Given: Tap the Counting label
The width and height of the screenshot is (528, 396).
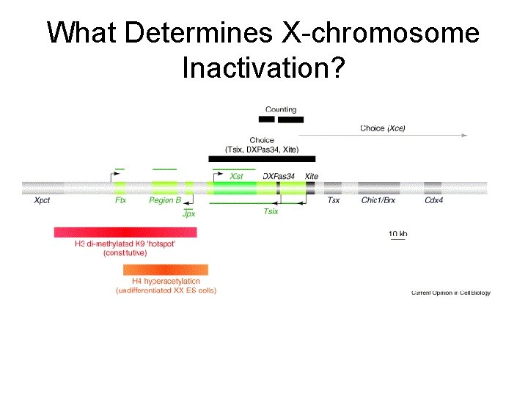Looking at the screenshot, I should (280, 109).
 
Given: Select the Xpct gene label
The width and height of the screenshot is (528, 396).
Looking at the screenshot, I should (42, 200).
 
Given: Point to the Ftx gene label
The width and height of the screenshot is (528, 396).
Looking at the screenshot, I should (120, 200).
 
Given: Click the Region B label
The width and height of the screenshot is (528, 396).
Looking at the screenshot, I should (165, 200).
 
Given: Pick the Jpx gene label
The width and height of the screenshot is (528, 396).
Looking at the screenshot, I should (188, 213).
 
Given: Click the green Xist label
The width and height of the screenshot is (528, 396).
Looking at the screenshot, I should (236, 176).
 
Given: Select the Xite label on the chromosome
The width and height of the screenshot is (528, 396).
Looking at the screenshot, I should (312, 176).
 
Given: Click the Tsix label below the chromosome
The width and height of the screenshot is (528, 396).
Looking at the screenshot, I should (271, 211).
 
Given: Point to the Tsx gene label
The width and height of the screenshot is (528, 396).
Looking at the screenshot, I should (333, 200).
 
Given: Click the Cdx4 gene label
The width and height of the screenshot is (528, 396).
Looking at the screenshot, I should (433, 200).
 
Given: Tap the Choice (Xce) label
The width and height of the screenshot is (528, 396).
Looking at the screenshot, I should (382, 128).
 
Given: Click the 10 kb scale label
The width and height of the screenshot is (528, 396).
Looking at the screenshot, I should (397, 234).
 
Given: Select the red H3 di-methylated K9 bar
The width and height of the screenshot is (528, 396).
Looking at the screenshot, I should (125, 232).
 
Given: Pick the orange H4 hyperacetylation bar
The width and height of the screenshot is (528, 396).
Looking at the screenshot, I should (166, 269).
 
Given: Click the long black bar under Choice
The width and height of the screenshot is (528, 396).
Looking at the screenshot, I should (261, 158).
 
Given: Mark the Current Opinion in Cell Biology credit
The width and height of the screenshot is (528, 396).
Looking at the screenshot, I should (450, 293).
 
